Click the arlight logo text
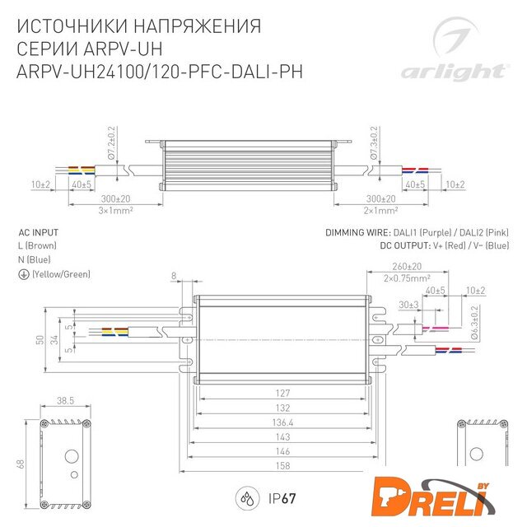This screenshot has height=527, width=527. point(454,72)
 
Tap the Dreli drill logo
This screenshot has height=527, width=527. point(433,497)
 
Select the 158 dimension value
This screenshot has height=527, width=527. point(282,465)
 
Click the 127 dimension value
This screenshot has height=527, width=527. point(282,393)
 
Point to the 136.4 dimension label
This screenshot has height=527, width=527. point(282,422)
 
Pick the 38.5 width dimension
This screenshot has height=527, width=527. point(65,400)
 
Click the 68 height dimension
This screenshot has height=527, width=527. point(21,464)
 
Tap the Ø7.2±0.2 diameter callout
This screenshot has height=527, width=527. point(111,142)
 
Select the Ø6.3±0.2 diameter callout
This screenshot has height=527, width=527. point(474,322)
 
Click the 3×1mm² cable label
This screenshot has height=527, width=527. point(115,211)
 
